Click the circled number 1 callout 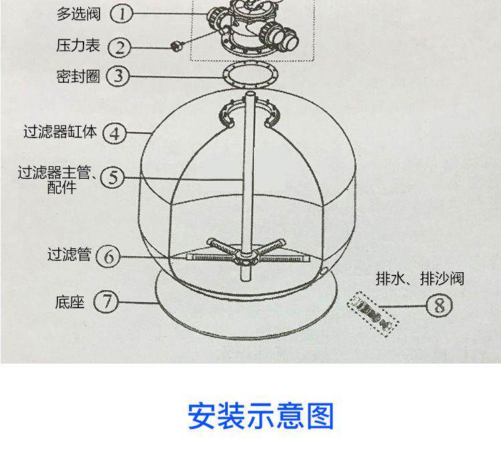(121, 13)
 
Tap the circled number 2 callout (121, 47)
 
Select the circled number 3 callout (118, 75)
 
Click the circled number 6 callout (109, 256)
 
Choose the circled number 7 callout (105, 302)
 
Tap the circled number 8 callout (439, 306)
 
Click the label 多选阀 (77, 13)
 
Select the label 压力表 (77, 45)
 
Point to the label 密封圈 (77, 76)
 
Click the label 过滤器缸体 (60, 131)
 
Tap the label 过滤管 (68, 254)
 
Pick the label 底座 (69, 302)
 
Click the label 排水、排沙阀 (420, 278)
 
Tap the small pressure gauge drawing (177, 45)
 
